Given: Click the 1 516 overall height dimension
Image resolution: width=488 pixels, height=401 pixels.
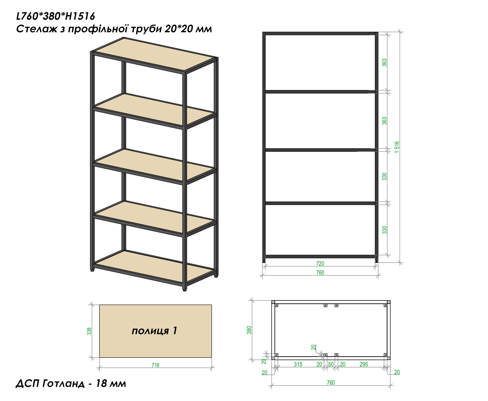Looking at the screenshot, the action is (x=397, y=147).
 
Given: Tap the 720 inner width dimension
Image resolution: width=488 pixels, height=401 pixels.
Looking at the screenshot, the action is (x=320, y=263).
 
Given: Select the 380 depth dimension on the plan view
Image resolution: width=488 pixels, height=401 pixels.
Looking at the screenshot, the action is (x=249, y=330).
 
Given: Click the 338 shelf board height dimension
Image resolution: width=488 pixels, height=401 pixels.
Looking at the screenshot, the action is (x=89, y=331).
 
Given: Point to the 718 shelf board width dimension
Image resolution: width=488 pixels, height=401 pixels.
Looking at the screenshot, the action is (x=155, y=365).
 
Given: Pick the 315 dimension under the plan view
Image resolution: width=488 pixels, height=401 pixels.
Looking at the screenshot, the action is (x=298, y=364).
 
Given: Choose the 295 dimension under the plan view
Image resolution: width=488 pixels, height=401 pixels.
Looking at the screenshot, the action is (x=364, y=364).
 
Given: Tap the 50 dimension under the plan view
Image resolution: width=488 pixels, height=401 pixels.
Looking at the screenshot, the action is (x=331, y=364).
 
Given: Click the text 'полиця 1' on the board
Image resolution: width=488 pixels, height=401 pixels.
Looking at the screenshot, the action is (x=154, y=331).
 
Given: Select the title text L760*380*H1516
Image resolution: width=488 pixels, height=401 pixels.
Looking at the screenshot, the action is (x=56, y=16).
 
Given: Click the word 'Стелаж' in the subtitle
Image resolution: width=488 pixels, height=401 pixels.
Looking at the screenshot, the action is (x=37, y=29).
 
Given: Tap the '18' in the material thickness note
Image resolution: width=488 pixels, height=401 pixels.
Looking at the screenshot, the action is (x=101, y=383).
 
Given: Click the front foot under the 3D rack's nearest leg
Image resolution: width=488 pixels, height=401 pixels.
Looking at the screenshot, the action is (x=184, y=289).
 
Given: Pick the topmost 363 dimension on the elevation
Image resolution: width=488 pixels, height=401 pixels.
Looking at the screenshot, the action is (x=384, y=63).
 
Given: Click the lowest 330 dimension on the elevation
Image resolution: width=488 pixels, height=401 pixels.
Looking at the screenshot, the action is (x=384, y=230).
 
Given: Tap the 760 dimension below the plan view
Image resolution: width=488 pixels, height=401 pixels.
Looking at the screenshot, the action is (x=331, y=383).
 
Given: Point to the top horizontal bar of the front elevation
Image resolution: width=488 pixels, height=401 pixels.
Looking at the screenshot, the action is (x=320, y=34).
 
